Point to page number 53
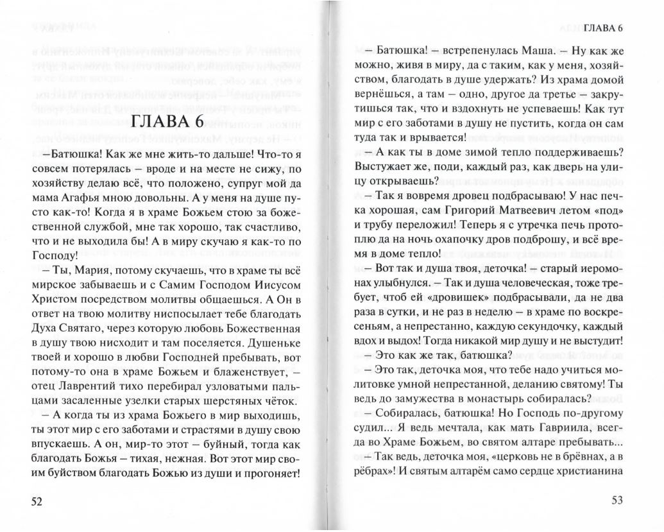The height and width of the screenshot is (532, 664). (x=617, y=501)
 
